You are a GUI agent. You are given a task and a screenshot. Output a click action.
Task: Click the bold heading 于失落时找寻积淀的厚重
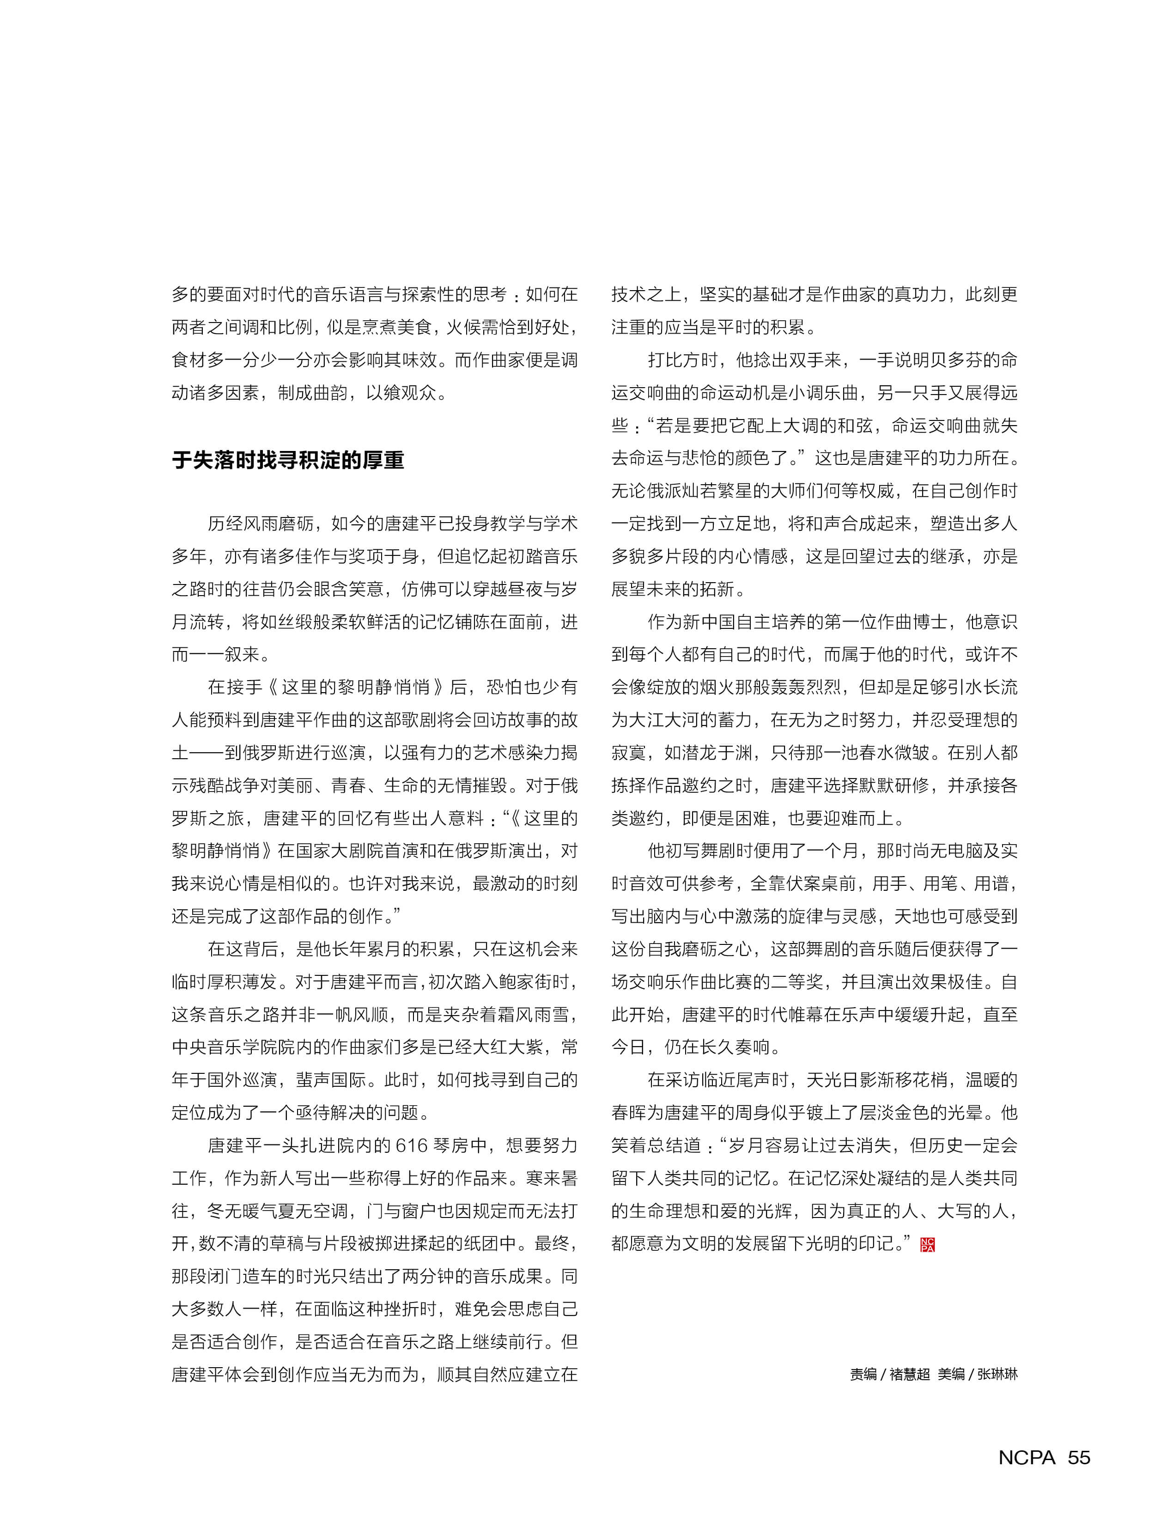point(288,460)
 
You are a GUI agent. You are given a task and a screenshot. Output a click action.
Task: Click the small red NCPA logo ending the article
point(927,1244)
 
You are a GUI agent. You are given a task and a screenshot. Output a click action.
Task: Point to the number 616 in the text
point(411,1146)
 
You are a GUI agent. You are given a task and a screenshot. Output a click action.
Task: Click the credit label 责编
point(863,1374)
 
